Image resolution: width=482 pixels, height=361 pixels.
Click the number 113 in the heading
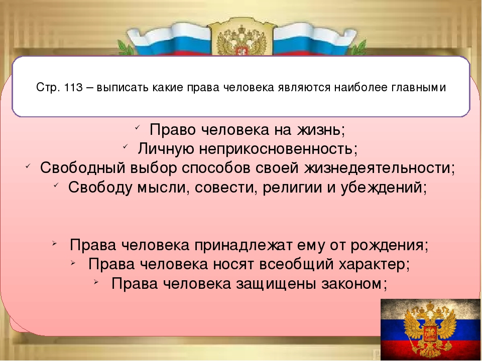pos(74,87)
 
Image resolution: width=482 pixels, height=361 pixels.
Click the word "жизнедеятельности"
pos(377,168)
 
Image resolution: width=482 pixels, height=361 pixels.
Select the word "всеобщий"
pos(296,264)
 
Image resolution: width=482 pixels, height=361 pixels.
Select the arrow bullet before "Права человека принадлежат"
pos(54,243)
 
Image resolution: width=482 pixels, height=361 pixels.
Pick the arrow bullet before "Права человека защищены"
pos(96,281)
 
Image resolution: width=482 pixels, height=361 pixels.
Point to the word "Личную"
pos(166,149)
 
